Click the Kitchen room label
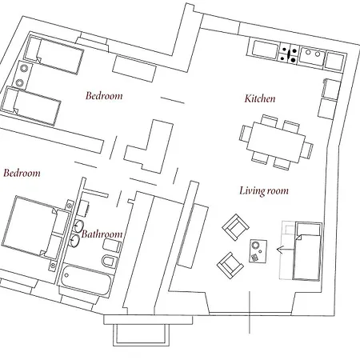coord(260,98)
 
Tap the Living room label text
coord(264,191)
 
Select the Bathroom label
coord(102,234)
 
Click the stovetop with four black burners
coord(289,54)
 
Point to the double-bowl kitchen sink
coord(312,56)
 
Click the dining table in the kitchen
coord(276,142)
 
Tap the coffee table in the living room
coord(258,251)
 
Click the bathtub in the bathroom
coord(86,280)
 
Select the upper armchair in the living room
coord(235,226)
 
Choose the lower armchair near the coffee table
coord(230,266)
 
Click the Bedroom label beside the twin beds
coord(104,96)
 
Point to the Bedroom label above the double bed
coord(22,173)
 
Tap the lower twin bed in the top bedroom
coord(30,106)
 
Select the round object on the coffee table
coord(256,245)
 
